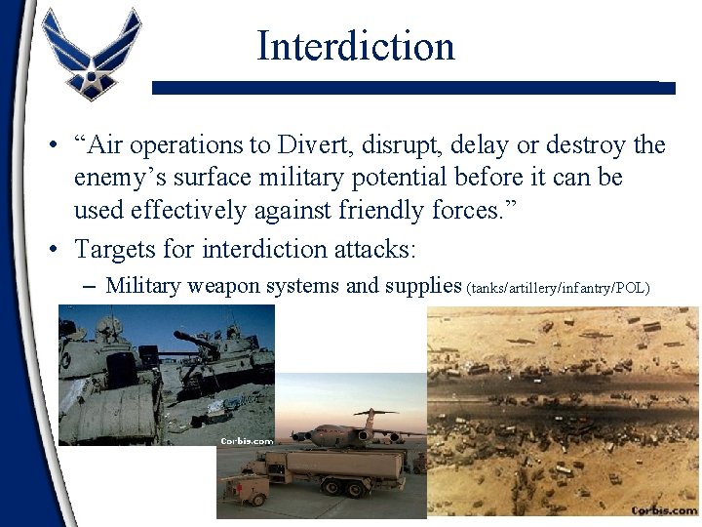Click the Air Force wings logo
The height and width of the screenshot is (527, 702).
click(x=94, y=54)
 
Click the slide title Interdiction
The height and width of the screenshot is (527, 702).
click(x=356, y=46)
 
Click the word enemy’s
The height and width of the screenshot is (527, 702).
click(x=120, y=179)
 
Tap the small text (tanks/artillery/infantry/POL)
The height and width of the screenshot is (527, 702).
click(x=559, y=288)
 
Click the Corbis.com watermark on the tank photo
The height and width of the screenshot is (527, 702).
click(x=245, y=440)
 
